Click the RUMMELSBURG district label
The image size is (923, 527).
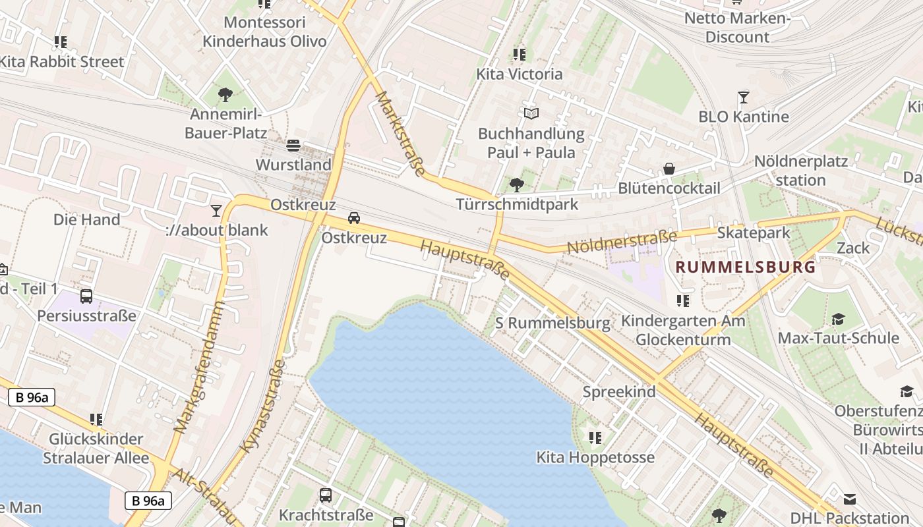(x=746, y=267)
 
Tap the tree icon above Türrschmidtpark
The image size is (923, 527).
(x=517, y=184)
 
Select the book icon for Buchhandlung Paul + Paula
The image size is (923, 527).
(x=531, y=113)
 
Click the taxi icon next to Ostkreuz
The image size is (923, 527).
(x=354, y=218)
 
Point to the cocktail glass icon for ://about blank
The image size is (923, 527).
(x=216, y=210)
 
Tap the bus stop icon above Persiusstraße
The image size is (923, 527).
(x=86, y=296)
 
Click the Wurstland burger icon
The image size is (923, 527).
(x=293, y=145)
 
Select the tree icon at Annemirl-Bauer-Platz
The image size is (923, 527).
(x=225, y=94)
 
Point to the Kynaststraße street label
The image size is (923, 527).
(x=264, y=406)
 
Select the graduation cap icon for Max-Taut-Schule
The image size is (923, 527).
(x=838, y=319)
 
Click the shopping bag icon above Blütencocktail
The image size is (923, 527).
(x=669, y=169)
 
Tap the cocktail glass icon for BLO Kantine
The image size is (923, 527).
(x=744, y=97)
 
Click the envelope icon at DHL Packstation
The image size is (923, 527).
(x=850, y=499)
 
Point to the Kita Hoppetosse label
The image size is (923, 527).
(x=595, y=457)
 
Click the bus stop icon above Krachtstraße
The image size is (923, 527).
(x=326, y=495)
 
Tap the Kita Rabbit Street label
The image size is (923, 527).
(x=61, y=62)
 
